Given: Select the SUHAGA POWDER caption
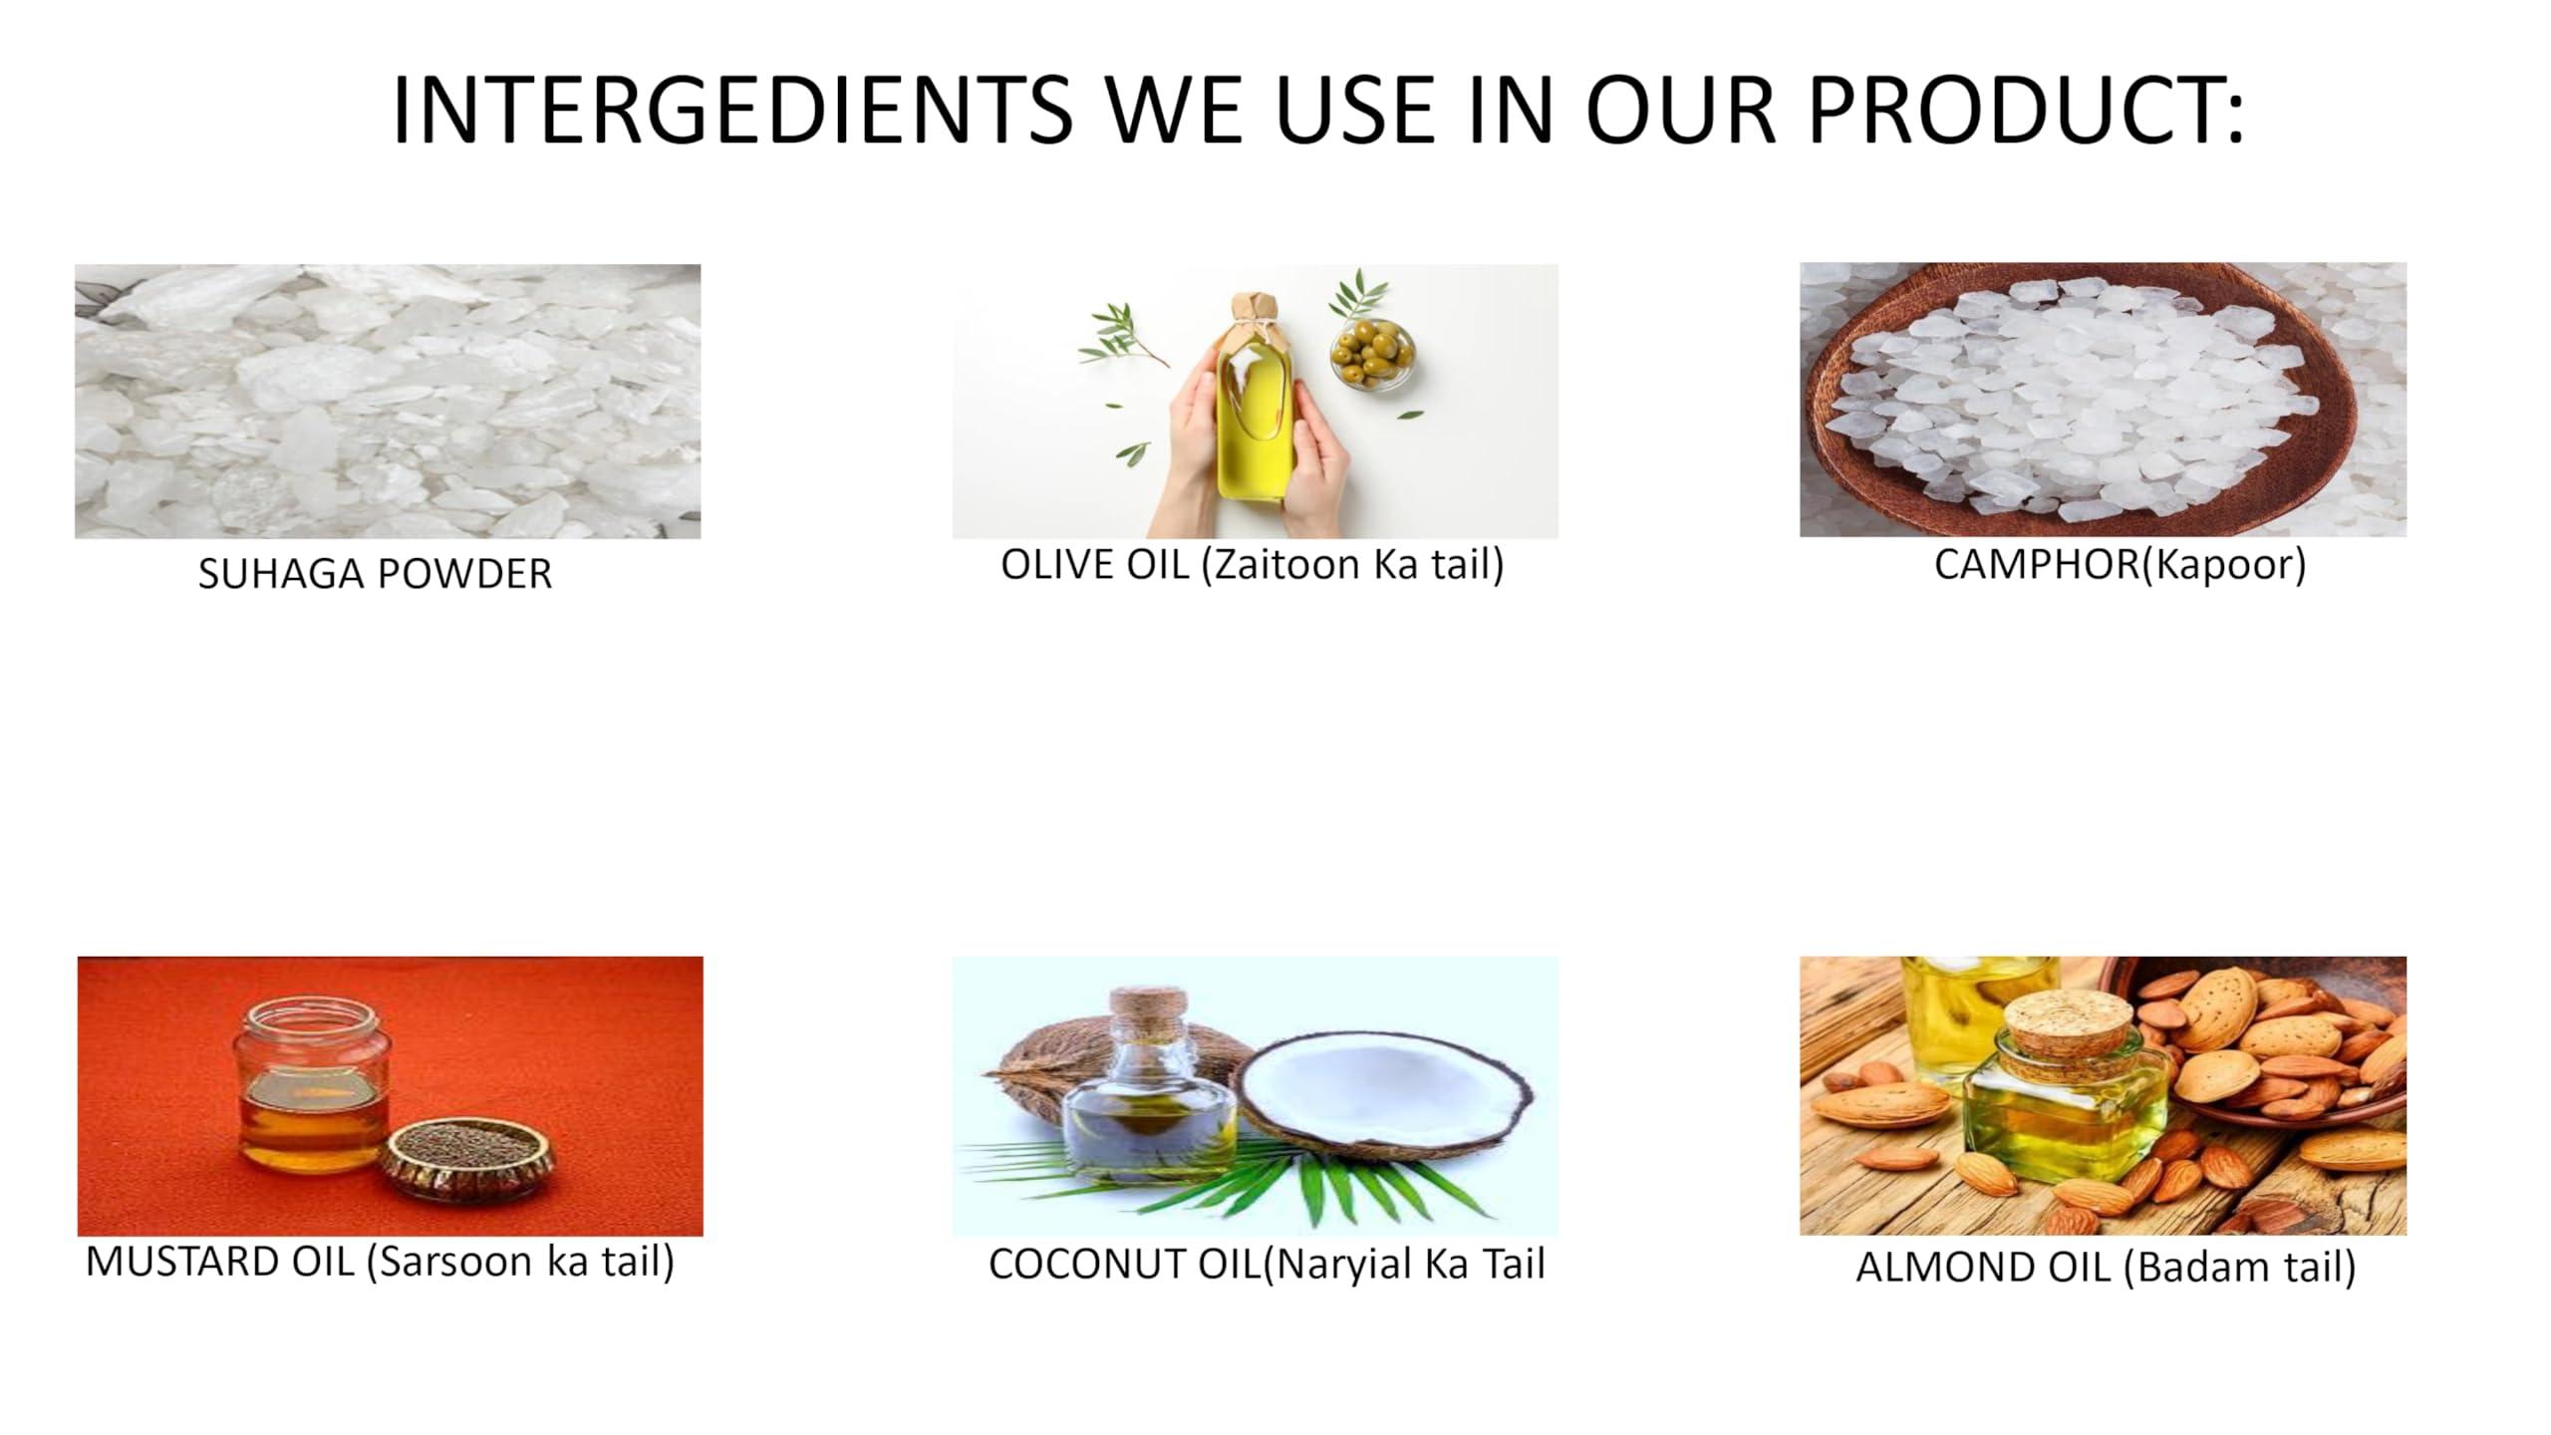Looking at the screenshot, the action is [x=375, y=574].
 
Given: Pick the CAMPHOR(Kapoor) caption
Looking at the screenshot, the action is [x=2120, y=565].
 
